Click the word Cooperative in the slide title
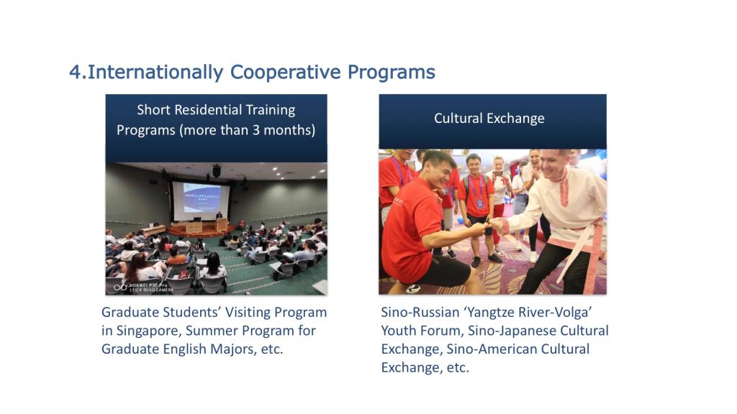point(285,73)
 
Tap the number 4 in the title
point(75,73)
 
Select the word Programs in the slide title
point(392,73)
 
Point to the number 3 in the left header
point(256,130)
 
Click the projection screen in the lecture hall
point(201,201)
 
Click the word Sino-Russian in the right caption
point(414,312)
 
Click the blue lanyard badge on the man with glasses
point(479,203)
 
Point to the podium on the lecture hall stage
point(221,225)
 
